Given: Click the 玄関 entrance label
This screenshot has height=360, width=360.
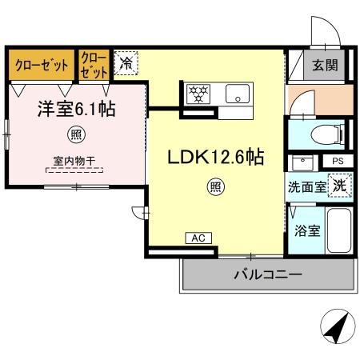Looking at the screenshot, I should (x=324, y=66).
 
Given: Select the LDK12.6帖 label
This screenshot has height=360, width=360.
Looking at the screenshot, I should (x=214, y=157).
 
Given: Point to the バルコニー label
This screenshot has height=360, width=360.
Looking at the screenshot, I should (x=267, y=274).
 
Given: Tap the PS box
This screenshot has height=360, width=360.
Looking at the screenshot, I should (x=337, y=161).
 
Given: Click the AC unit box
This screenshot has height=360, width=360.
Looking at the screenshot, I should (x=198, y=238).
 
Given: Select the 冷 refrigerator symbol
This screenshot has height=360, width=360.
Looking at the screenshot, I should (x=126, y=62).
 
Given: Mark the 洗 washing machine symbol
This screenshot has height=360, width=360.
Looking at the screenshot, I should (x=339, y=185).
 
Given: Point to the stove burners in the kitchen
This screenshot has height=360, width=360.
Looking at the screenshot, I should (x=199, y=94).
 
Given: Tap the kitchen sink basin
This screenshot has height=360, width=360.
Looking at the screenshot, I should (x=238, y=94).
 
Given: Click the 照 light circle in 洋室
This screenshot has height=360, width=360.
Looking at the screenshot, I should (x=74, y=133).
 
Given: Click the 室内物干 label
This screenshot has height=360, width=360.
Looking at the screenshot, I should (x=74, y=161).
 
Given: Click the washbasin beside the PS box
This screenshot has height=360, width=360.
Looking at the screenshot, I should (x=303, y=163).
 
